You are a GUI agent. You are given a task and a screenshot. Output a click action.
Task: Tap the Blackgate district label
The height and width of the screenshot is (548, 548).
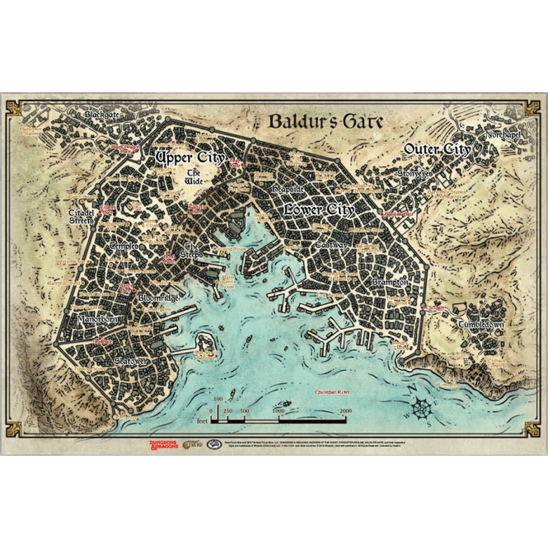(103, 114)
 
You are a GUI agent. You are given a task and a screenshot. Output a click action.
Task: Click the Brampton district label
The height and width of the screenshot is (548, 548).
(389, 282)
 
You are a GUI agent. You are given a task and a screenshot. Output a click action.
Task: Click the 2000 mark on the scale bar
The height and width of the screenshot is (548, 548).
(345, 409)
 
